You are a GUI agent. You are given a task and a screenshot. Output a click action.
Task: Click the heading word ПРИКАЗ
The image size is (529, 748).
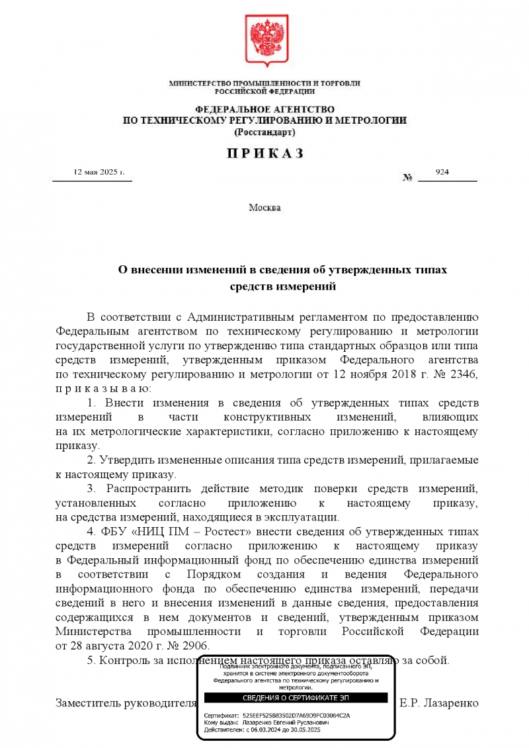click(x=264, y=153)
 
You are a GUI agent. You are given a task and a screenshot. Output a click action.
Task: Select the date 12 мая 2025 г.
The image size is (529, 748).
click(x=99, y=172)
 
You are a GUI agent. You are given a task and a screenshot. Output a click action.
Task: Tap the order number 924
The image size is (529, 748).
click(x=442, y=172)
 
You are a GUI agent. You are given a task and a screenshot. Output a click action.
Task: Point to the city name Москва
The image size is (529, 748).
click(x=264, y=208)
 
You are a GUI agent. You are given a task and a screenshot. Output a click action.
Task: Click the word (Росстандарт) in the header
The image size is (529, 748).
click(x=264, y=132)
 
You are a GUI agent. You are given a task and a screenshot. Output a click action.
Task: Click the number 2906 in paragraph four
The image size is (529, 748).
click(x=198, y=646)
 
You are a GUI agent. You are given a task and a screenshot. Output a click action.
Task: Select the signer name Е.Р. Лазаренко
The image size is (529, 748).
click(x=439, y=702)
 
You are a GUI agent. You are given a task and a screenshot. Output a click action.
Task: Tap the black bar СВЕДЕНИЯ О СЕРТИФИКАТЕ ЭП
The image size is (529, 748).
click(x=296, y=698)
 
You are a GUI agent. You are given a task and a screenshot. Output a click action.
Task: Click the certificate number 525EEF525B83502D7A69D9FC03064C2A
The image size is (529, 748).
click(x=296, y=716)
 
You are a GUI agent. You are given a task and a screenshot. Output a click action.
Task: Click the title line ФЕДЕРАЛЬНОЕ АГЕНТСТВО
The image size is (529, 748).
click(x=264, y=108)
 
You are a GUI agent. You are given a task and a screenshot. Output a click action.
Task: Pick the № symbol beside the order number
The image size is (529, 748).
click(x=407, y=178)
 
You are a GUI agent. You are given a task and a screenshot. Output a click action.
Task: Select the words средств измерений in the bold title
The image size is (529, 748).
click(x=283, y=287)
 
